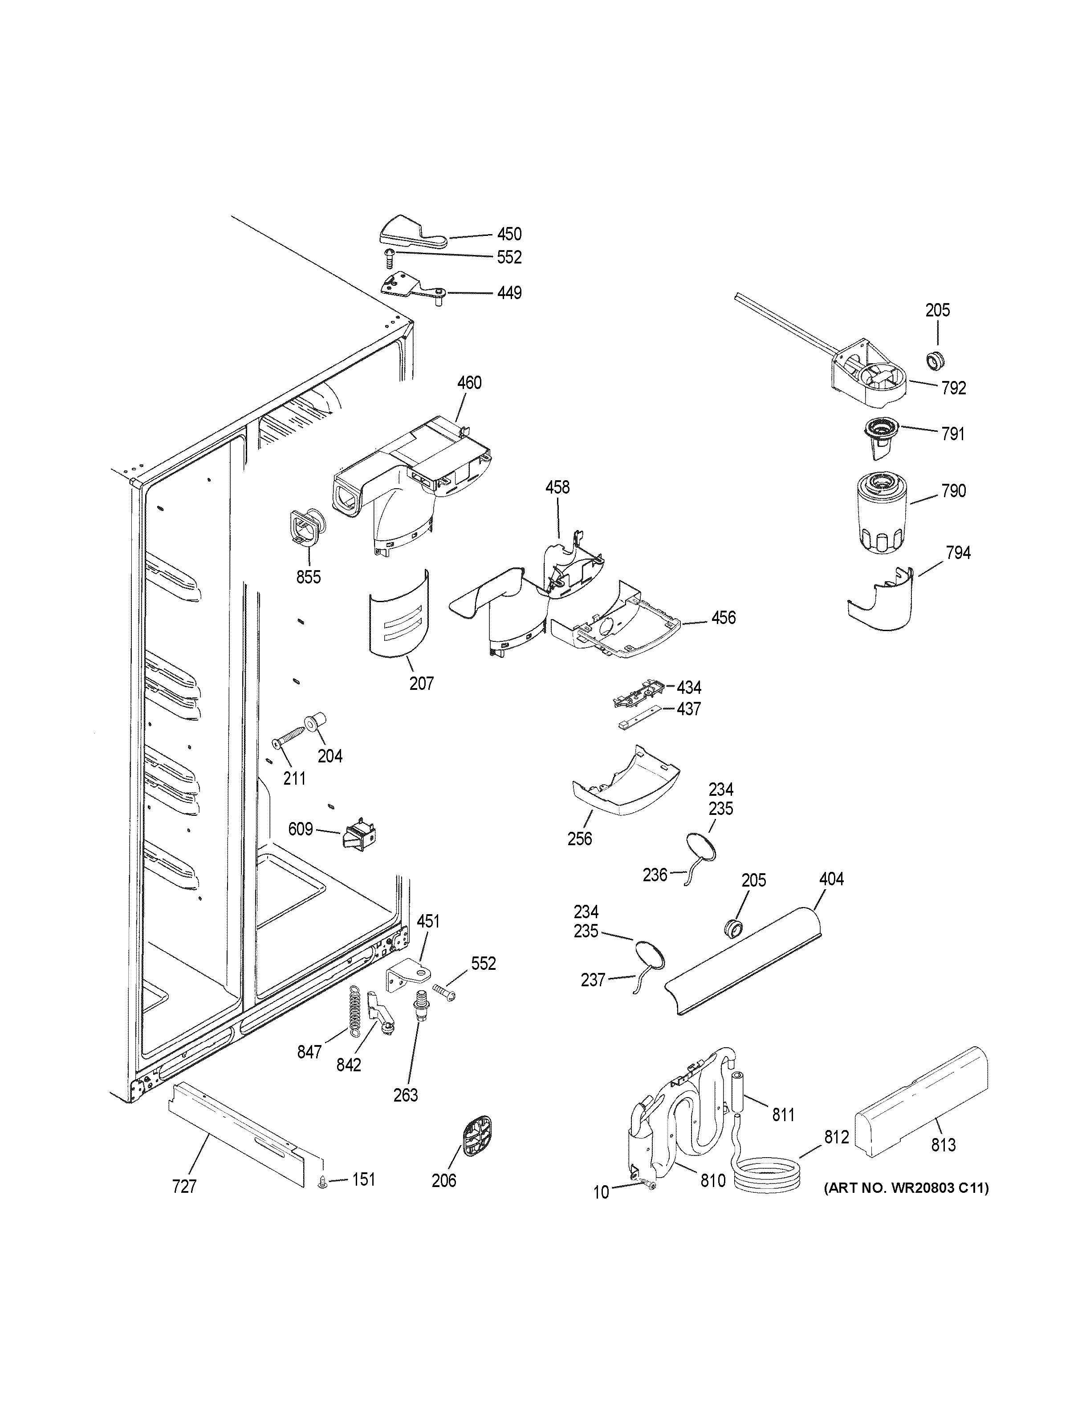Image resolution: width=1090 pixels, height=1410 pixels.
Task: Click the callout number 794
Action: click(x=958, y=553)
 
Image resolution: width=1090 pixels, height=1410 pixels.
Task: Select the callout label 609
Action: click(x=300, y=829)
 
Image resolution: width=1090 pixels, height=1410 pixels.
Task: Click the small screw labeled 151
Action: click(x=322, y=1183)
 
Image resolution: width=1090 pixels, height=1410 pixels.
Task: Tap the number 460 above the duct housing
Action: click(x=469, y=383)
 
